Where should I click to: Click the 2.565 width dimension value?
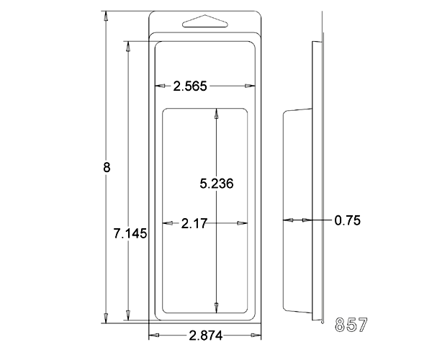click(x=190, y=86)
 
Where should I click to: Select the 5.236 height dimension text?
click(x=217, y=184)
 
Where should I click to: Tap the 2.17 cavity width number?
click(x=194, y=224)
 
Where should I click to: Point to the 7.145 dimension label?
click(x=130, y=234)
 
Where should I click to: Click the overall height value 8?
click(x=107, y=168)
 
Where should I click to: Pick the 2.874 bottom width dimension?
click(x=205, y=336)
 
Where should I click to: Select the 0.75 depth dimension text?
click(x=348, y=220)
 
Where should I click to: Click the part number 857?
click(x=351, y=325)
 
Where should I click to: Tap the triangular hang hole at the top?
click(x=205, y=21)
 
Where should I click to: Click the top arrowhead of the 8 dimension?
click(x=106, y=16)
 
